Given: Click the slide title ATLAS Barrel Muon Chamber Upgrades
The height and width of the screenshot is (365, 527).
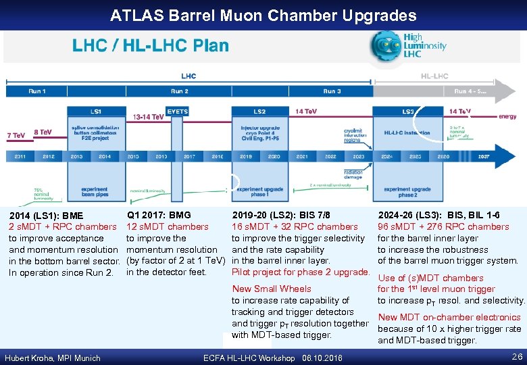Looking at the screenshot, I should coord(263,15).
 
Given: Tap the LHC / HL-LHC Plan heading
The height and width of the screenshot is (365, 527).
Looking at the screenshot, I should coord(151,46).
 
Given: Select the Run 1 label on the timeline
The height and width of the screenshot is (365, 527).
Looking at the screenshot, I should coord(37,91).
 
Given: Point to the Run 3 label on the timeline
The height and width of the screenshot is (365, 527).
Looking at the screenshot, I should coord(332,91).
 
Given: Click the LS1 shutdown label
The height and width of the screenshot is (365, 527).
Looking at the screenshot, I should coord(96,112).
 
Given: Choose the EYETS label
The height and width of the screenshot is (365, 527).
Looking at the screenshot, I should coord(177,112).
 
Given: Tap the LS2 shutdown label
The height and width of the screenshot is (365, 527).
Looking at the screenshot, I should coord(259,112).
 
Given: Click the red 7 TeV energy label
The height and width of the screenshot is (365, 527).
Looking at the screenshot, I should coord(16,135).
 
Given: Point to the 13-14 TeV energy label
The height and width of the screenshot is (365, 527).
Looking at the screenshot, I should coord(148,117).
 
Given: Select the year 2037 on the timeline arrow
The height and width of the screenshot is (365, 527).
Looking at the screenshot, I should coord(484,156).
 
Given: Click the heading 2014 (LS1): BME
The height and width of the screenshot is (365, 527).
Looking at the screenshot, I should coord(46,216).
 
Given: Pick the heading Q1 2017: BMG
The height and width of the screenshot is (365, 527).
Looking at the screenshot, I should coord(159,215).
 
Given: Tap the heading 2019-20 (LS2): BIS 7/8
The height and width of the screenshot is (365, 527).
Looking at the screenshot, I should coord(281,215).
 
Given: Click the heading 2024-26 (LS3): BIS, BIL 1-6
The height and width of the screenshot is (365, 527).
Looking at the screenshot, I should coord(438,215).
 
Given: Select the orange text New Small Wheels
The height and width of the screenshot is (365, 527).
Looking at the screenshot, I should coord(272,289).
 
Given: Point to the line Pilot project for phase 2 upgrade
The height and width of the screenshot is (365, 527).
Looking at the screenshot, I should coord(301,272).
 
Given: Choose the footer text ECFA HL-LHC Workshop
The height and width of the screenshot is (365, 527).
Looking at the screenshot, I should coord(249,358).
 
